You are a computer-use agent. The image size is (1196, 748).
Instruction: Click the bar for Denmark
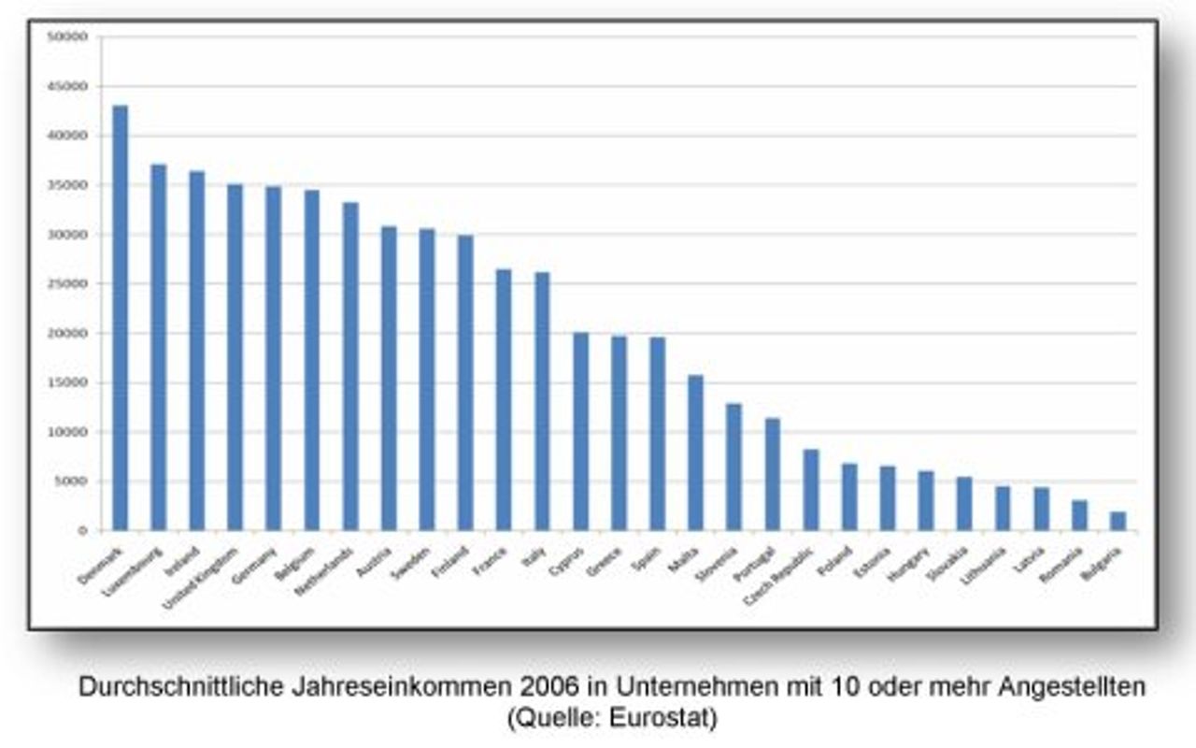tap(120, 318)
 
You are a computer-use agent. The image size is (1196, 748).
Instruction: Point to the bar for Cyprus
tap(580, 431)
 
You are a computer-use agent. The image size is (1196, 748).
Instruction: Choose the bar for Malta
tap(695, 453)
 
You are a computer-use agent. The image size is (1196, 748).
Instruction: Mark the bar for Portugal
tap(772, 474)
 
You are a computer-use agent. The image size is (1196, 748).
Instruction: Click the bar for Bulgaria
tap(1118, 521)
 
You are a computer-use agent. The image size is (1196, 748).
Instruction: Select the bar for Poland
tap(849, 496)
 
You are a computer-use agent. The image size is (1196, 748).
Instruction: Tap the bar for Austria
tap(389, 379)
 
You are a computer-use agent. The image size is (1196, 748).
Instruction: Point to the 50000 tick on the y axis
tap(72, 36)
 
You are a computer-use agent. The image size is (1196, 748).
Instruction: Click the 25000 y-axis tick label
tap(72, 284)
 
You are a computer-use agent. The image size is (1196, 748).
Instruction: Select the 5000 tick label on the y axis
tap(75, 482)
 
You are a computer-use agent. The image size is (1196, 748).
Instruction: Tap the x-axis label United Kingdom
tap(202, 577)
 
